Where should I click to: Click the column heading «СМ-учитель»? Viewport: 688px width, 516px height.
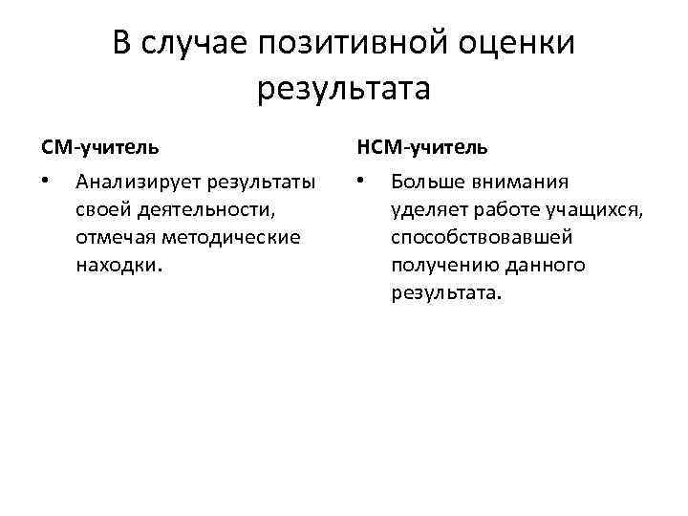click(x=100, y=147)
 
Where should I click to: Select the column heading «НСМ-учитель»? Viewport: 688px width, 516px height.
click(x=421, y=147)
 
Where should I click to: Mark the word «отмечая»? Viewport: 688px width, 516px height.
click(x=112, y=236)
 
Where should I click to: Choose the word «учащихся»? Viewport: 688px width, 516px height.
click(x=597, y=208)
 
